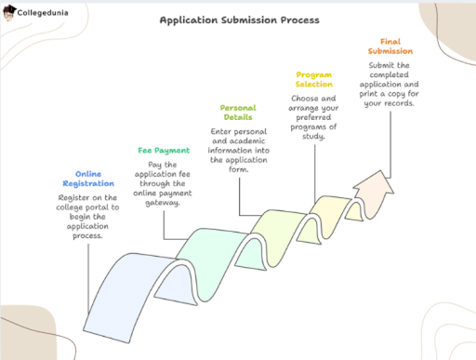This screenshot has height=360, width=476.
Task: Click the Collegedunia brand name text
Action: [x=46, y=13]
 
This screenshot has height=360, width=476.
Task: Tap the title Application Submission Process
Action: [x=238, y=20]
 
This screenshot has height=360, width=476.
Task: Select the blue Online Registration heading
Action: [x=88, y=178]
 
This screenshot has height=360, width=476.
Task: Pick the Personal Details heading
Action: [x=239, y=113]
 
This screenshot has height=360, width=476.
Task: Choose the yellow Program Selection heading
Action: [x=314, y=79]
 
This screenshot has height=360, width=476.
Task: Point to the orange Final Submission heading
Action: [x=389, y=47]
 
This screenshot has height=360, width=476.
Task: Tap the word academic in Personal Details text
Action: [x=245, y=140]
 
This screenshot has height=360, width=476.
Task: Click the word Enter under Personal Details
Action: [x=224, y=131]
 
